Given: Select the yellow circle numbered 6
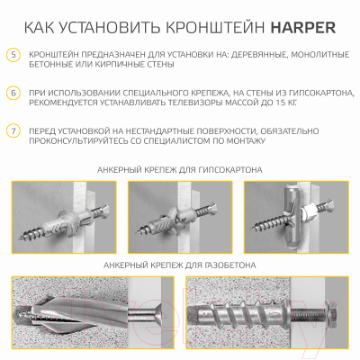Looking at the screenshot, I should (x=13, y=93).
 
